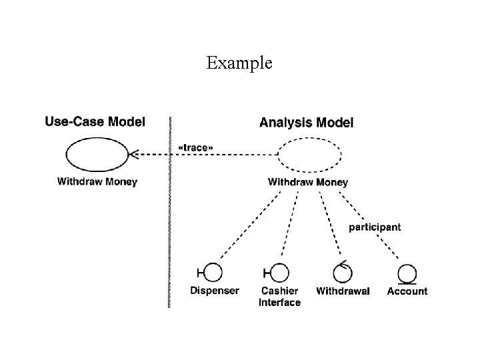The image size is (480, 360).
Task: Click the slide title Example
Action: coord(239,63)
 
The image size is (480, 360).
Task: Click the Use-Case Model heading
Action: coord(95,122)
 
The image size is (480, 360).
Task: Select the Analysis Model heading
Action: coord(306,122)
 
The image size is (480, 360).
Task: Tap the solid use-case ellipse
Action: coord(97,155)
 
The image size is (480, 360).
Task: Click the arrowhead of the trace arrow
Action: coord(133,155)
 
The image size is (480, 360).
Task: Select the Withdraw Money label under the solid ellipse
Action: coord(97,181)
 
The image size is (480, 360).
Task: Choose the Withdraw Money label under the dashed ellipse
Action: coord(307,181)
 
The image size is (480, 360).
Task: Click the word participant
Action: coord(375,227)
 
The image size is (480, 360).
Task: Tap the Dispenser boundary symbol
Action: coord(211,273)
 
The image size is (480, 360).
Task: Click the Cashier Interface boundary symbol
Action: coord(278,273)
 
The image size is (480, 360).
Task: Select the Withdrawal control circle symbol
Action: coord(343,272)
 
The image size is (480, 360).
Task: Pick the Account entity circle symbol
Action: coord(407,273)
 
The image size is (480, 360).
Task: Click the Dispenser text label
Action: coord(214,291)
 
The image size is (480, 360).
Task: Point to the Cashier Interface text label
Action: coord(279,297)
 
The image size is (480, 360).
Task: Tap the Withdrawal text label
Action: coord(343,291)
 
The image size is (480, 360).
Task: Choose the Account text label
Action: coord(407,291)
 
